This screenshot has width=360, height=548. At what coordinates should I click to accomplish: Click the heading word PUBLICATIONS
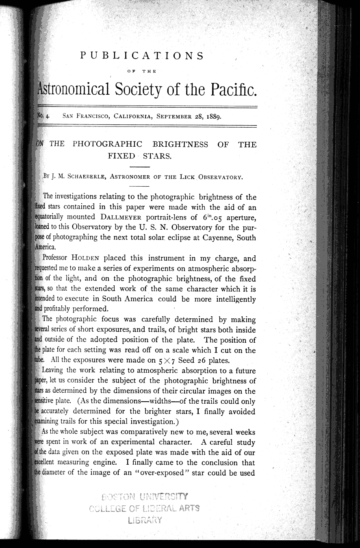pyautogui.click(x=142, y=56)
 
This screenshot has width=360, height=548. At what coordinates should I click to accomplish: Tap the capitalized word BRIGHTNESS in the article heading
pyautogui.click(x=180, y=144)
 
